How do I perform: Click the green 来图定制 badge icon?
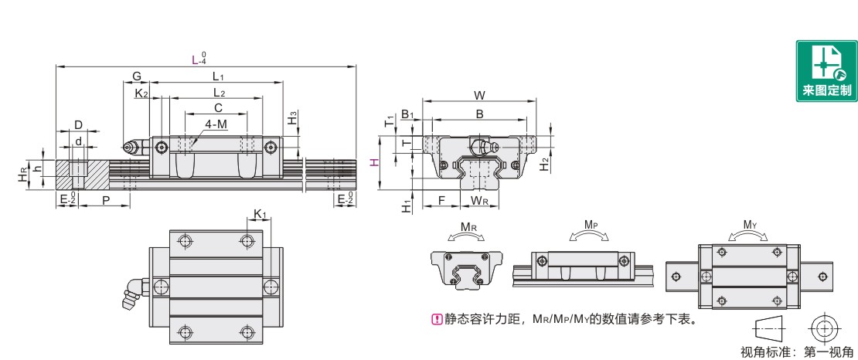(x=826, y=70)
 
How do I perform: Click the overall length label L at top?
(x=196, y=59)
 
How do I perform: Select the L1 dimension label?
(x=218, y=76)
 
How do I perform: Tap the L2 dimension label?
(x=220, y=93)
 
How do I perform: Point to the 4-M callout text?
(x=216, y=124)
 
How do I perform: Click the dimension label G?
(x=137, y=76)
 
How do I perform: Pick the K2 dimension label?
(x=141, y=93)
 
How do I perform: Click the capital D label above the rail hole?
(x=78, y=124)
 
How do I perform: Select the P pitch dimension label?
(x=105, y=199)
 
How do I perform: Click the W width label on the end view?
(x=479, y=96)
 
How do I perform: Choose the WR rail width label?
(x=480, y=201)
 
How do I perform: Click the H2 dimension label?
(x=545, y=163)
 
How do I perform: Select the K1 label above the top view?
(x=260, y=213)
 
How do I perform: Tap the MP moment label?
(x=591, y=225)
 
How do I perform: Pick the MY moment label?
(x=749, y=225)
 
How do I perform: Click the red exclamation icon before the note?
(x=435, y=319)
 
